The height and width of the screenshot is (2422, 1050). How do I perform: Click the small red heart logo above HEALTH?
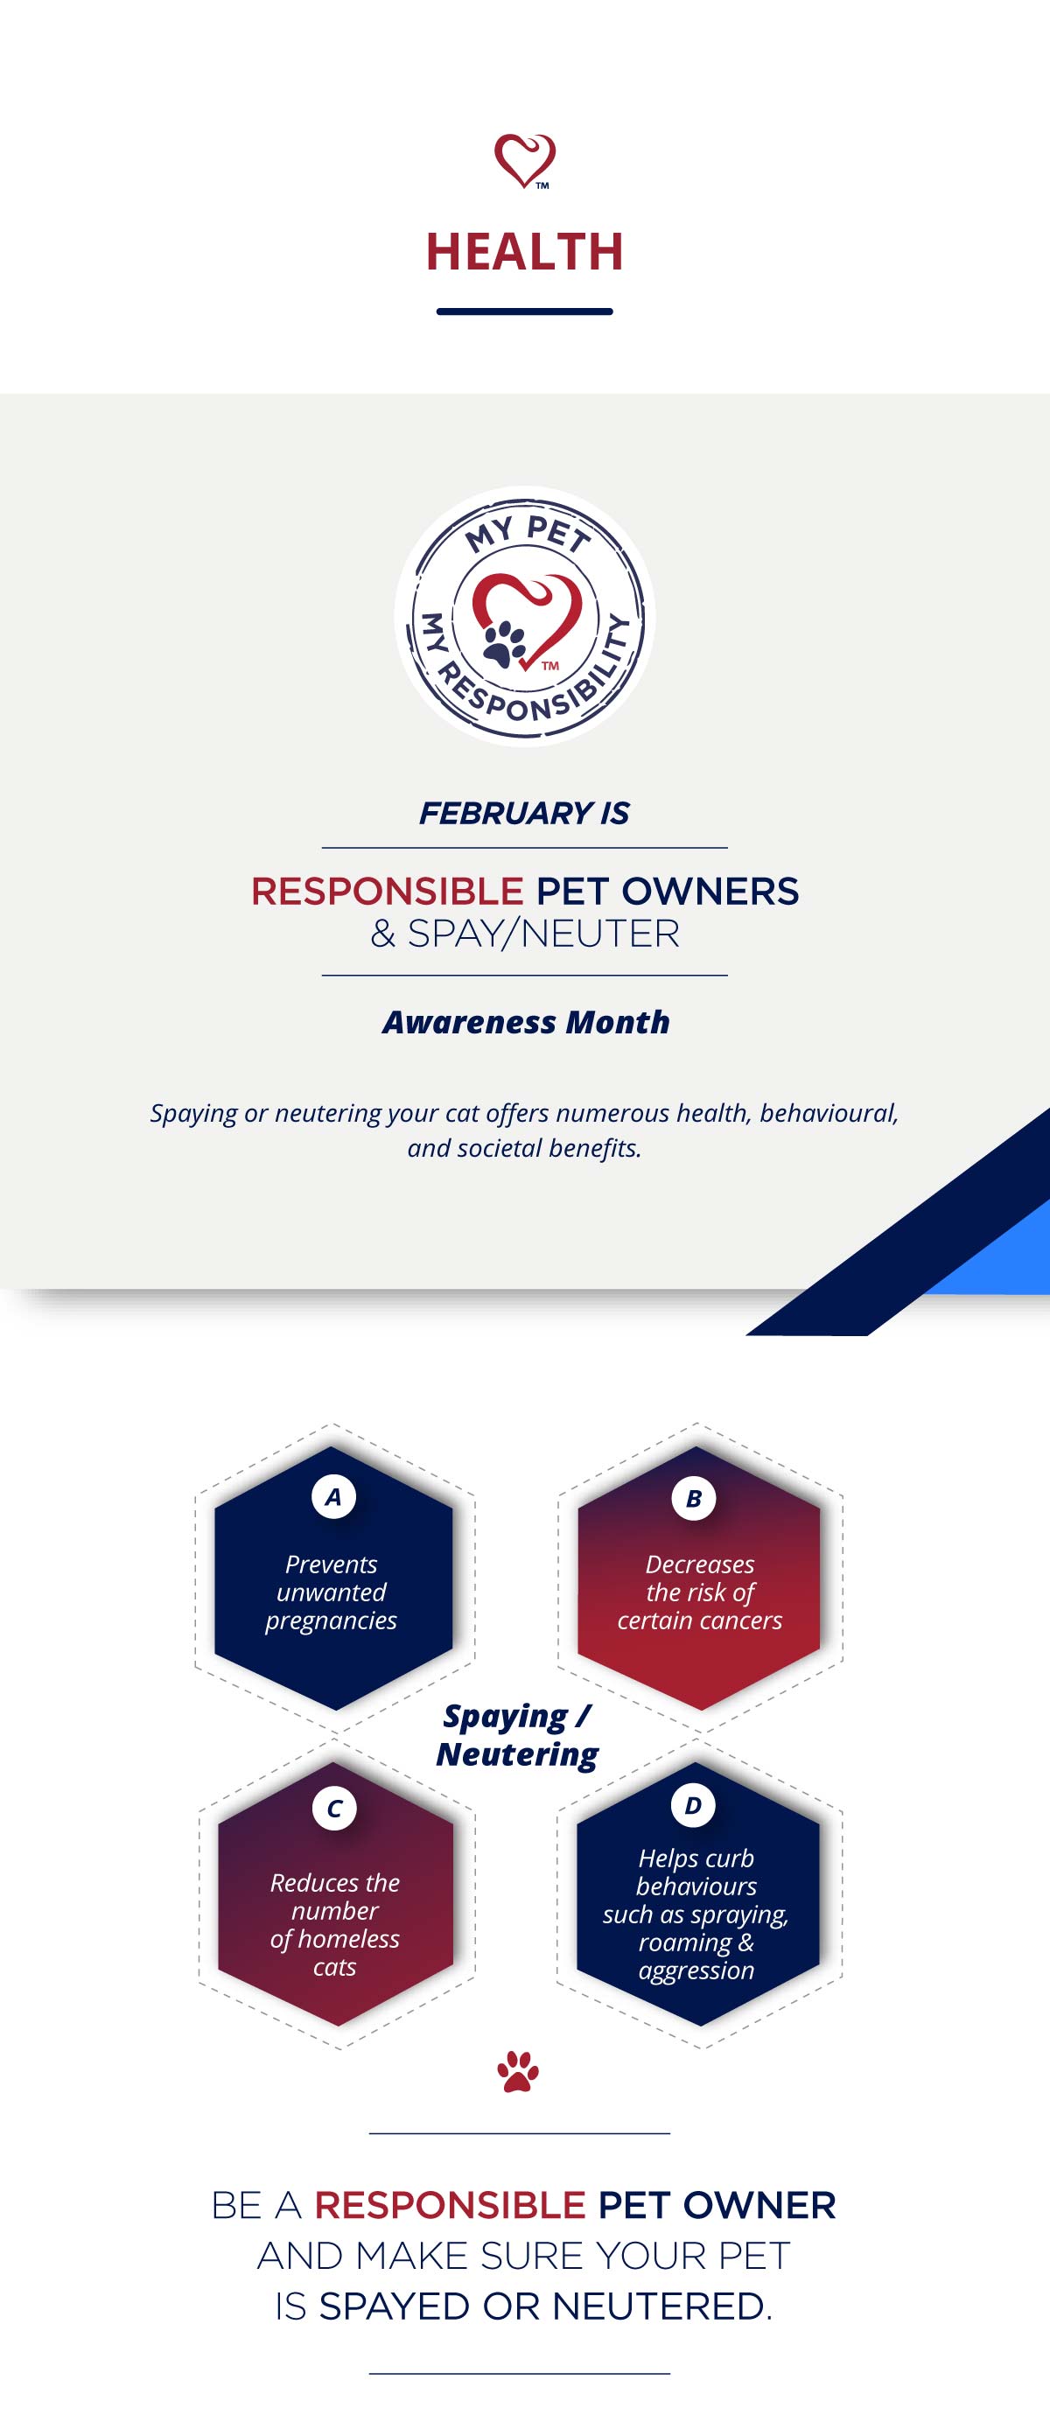(x=524, y=161)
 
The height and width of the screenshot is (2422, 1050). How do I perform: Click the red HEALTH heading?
(x=524, y=252)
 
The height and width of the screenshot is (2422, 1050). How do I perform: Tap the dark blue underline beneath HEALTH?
(x=524, y=311)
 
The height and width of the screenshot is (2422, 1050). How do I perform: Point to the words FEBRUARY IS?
(x=524, y=813)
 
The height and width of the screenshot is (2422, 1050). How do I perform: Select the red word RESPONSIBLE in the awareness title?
(x=388, y=891)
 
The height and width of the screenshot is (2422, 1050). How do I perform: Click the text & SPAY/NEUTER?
(x=524, y=934)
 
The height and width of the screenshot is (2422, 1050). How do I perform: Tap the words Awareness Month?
(x=526, y=1022)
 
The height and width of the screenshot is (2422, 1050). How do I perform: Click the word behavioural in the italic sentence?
(x=828, y=1113)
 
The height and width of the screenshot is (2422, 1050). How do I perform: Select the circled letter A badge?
(x=333, y=1497)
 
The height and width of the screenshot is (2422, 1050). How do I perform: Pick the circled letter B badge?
(x=694, y=1499)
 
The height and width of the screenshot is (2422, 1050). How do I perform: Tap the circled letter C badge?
(x=334, y=1808)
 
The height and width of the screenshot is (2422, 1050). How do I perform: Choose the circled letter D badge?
(x=694, y=1805)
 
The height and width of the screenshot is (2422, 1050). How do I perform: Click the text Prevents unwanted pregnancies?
(x=331, y=1592)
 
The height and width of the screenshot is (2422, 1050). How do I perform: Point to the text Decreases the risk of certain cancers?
(x=699, y=1592)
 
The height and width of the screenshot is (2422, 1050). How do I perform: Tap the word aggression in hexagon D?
(x=696, y=1970)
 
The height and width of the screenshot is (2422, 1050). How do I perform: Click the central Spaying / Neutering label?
(x=517, y=1736)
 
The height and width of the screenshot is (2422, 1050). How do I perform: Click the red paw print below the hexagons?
(x=518, y=2072)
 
